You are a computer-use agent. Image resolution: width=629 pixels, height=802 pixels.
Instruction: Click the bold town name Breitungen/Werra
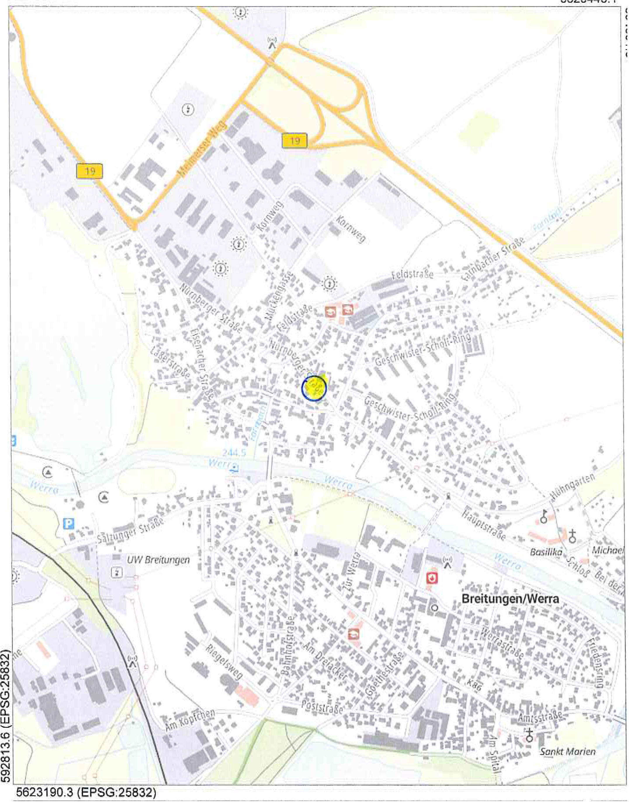coord(510,599)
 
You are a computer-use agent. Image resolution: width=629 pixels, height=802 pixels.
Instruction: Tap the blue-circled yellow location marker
coord(314,388)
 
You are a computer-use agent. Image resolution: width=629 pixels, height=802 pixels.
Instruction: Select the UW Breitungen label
coord(158,560)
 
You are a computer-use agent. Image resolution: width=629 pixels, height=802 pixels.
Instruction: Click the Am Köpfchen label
coord(190,719)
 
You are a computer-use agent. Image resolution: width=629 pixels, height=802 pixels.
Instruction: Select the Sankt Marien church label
coord(567,751)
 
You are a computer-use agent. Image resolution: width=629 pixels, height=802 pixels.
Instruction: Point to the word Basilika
coord(546,552)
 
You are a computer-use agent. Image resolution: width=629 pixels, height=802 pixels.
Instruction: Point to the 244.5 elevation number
coord(234,453)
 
